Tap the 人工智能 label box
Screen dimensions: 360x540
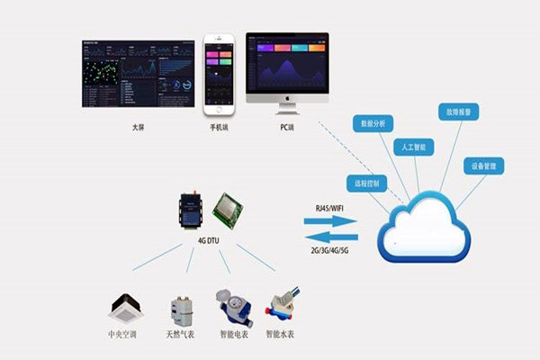[415, 146]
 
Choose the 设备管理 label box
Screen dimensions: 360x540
[483, 166]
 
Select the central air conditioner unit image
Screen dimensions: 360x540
[127, 309]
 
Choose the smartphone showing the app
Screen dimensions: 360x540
[217, 76]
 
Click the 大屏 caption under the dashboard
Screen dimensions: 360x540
[137, 128]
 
